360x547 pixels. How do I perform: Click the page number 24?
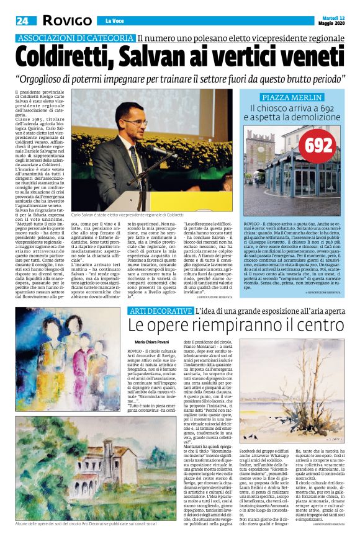point(22,21)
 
